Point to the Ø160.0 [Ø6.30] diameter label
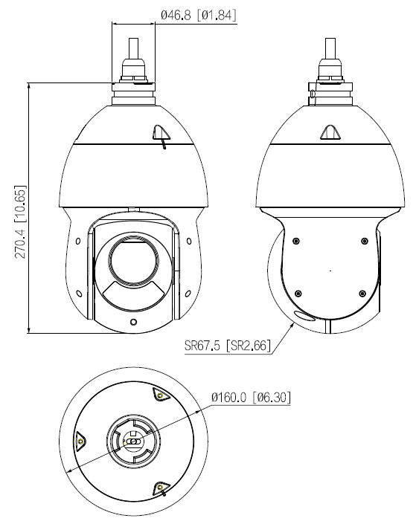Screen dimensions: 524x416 (x=251, y=397)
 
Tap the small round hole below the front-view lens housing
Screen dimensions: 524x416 (x=133, y=322)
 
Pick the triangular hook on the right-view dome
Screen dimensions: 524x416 (x=329, y=132)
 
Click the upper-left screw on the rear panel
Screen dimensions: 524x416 (x=297, y=241)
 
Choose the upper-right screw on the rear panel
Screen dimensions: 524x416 (x=364, y=241)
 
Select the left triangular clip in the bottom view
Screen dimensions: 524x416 (x=80, y=441)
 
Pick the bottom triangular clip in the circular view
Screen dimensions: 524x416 (x=160, y=487)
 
